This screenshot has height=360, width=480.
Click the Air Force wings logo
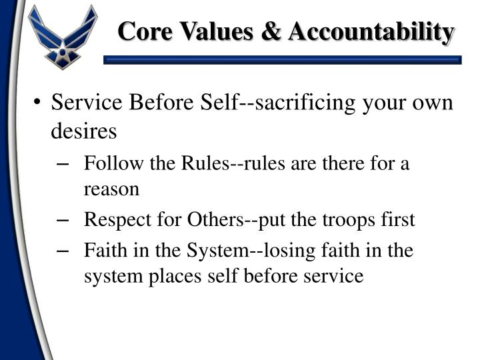pyautogui.click(x=63, y=37)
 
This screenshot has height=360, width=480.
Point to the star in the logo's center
pyautogui.click(x=63, y=48)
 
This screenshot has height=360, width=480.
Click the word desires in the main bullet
pyautogui.click(x=84, y=131)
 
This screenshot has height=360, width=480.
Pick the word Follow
pyautogui.click(x=108, y=164)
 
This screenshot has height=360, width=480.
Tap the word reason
pyautogui.click(x=111, y=189)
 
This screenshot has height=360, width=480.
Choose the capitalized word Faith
pyautogui.click(x=102, y=251)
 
